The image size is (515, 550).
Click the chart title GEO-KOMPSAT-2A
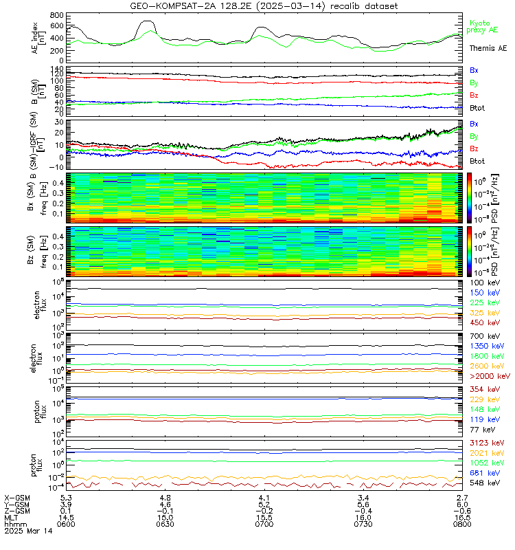(257, 5)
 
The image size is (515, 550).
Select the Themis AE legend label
(488, 49)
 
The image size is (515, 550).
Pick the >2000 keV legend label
(490, 377)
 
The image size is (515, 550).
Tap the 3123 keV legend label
(488, 443)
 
